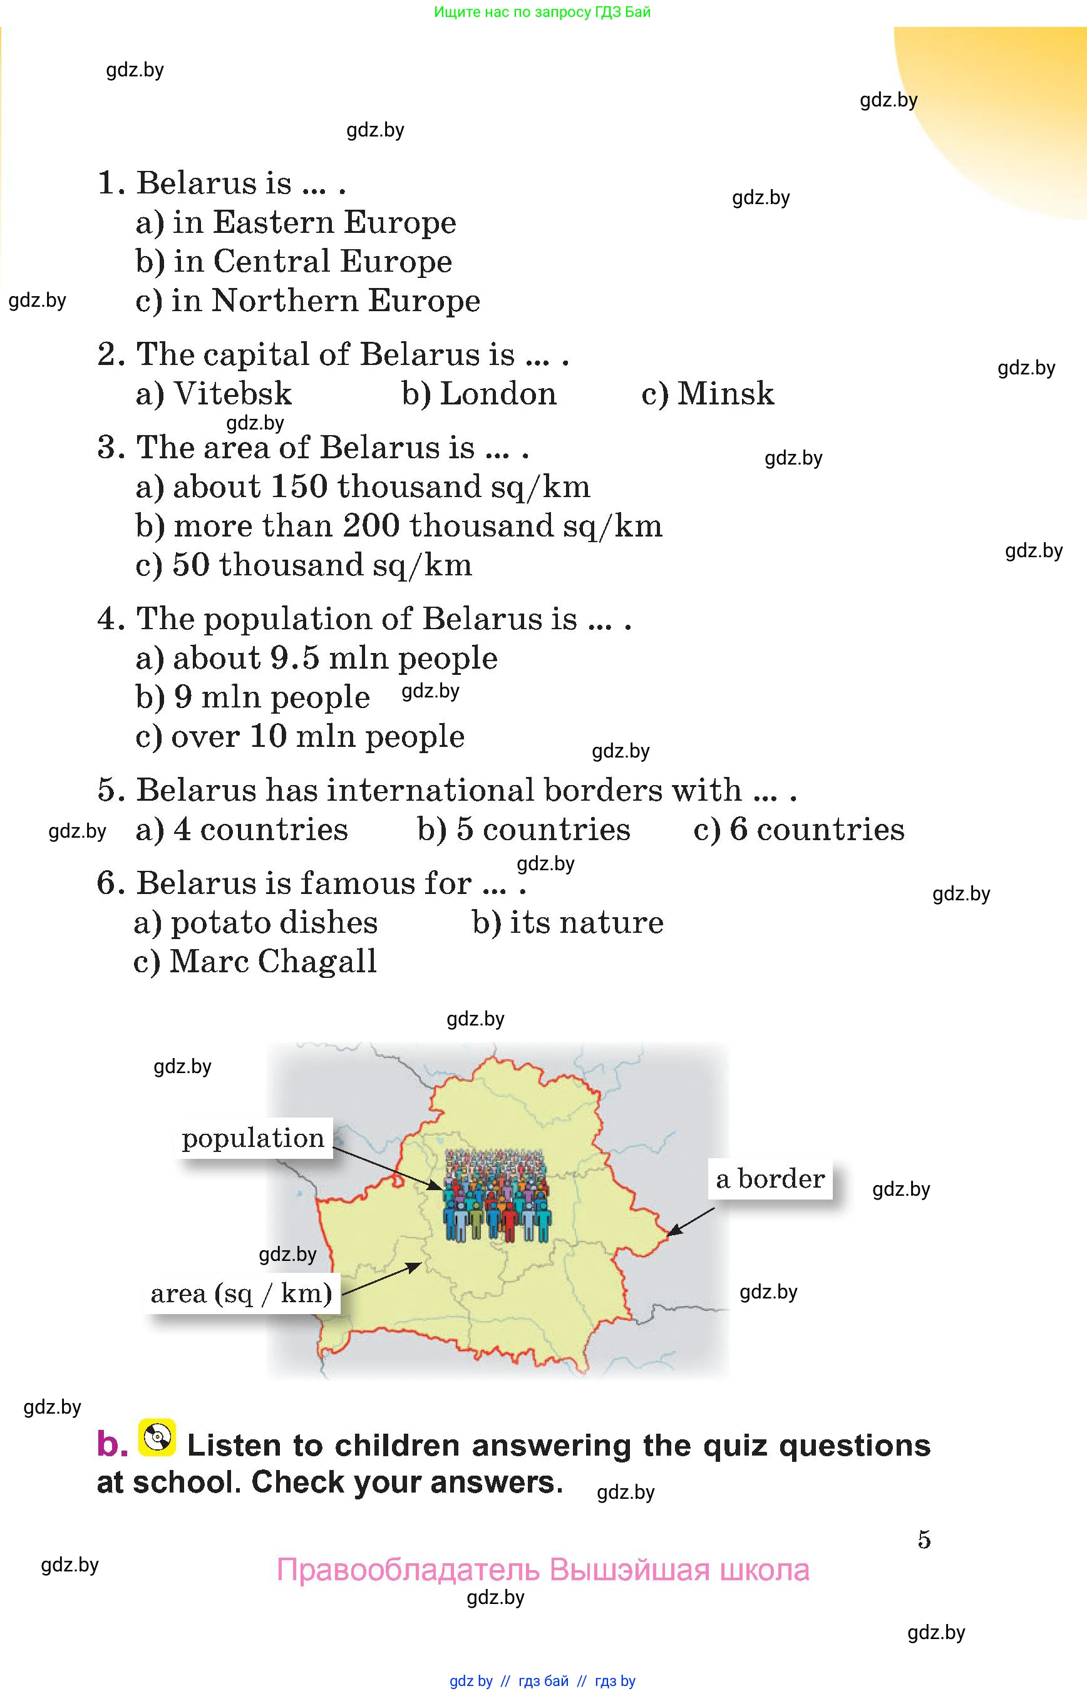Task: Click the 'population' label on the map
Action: (254, 1138)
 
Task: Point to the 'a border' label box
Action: (770, 1179)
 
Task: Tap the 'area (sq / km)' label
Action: (242, 1293)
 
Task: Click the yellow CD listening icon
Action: (157, 1437)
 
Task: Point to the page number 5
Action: (924, 1539)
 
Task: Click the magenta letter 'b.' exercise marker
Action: (111, 1444)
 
